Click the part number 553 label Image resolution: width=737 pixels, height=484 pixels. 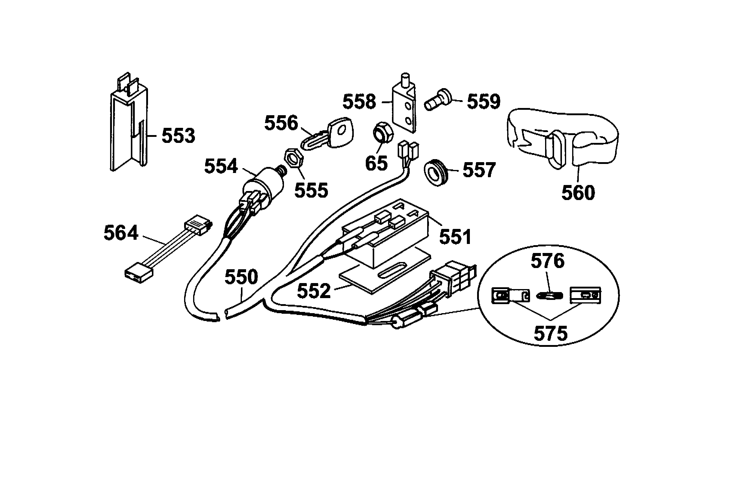pyautogui.click(x=178, y=136)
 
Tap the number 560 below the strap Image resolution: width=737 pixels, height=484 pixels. pyautogui.click(x=578, y=193)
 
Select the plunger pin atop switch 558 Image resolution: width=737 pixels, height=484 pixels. pyautogui.click(x=405, y=80)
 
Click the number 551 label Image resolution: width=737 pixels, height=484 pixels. pyautogui.click(x=455, y=237)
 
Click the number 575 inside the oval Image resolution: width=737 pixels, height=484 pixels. pyautogui.click(x=550, y=334)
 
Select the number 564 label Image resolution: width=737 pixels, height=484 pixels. pyautogui.click(x=121, y=233)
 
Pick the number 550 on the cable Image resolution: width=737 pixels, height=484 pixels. pyautogui.click(x=241, y=277)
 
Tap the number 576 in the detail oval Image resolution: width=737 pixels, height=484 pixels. pyautogui.click(x=547, y=261)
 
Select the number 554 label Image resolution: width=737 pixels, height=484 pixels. pyautogui.click(x=221, y=166)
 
